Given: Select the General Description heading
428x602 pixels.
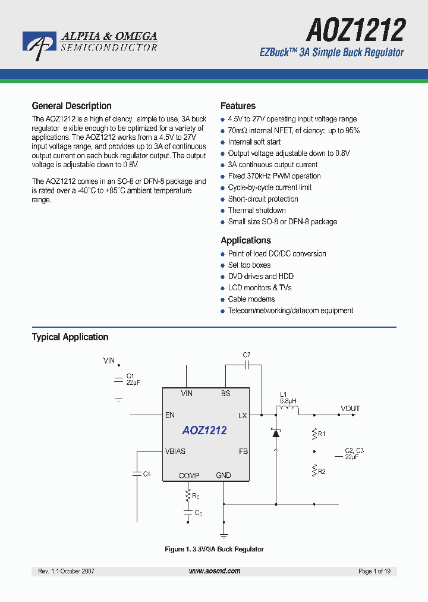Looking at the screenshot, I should click(71, 106).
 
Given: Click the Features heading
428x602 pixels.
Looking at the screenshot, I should click(238, 106).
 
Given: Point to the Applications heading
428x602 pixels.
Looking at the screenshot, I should click(246, 240).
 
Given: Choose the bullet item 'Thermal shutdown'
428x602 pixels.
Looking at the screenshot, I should click(257, 211).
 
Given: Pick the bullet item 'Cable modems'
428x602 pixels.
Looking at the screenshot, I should click(251, 299).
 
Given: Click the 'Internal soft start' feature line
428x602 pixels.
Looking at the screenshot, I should click(254, 142).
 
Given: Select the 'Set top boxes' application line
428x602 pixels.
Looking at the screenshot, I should click(249, 265).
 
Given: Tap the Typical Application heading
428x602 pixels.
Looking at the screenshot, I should click(70, 337).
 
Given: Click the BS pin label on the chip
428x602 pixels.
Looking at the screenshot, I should click(225, 393).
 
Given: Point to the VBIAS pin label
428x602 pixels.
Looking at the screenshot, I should click(175, 451).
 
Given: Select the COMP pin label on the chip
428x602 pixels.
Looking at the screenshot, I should click(189, 475).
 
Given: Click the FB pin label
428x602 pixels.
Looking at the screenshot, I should click(243, 451).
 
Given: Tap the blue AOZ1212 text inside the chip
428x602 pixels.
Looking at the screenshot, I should click(204, 430).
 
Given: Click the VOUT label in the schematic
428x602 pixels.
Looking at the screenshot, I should click(350, 409).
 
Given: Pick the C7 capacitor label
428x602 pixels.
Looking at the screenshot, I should click(247, 355).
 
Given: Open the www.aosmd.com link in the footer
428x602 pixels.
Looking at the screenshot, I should click(215, 571).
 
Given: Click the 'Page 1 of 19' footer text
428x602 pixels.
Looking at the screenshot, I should click(374, 571).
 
